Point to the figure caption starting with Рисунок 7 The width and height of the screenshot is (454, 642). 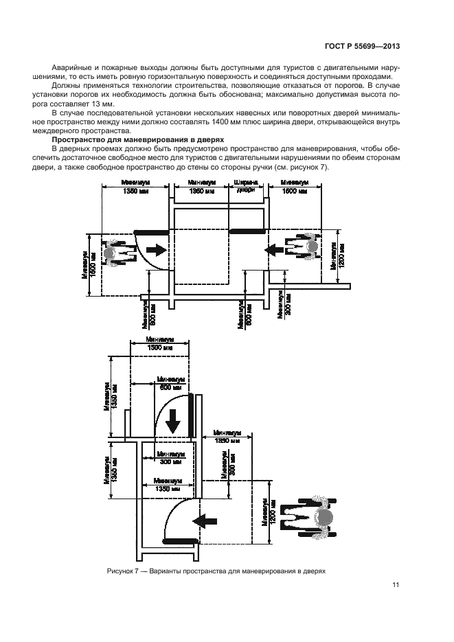click(215, 571)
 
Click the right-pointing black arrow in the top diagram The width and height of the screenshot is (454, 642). click(155, 252)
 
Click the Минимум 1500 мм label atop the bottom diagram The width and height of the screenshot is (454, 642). click(161, 343)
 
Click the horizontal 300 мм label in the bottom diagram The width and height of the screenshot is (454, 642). click(170, 458)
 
